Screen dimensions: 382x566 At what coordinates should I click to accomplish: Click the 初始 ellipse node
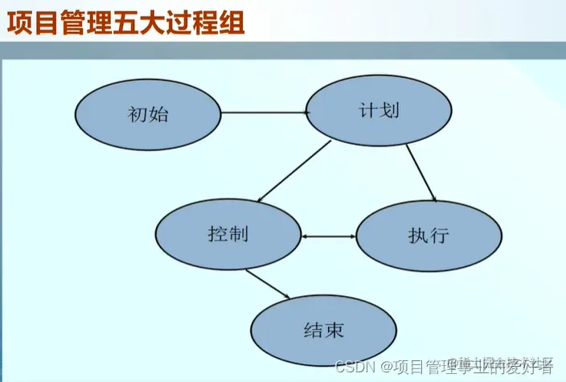click(x=148, y=113)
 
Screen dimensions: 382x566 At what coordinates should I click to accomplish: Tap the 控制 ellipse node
click(x=228, y=235)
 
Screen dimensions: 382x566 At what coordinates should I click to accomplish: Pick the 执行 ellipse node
click(x=429, y=236)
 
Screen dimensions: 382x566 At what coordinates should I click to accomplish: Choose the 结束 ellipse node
click(x=323, y=330)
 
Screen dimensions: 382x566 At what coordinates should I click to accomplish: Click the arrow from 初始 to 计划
click(x=265, y=113)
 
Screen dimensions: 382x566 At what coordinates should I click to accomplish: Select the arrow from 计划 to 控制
click(x=294, y=170)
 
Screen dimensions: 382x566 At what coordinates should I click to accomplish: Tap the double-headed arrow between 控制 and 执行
click(x=329, y=236)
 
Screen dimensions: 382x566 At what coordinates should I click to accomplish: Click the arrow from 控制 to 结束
click(x=269, y=285)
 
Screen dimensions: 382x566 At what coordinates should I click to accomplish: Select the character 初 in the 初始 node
click(x=137, y=113)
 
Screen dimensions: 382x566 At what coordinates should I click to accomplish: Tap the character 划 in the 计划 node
click(x=390, y=111)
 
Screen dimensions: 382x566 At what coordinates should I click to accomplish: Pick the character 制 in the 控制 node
click(x=238, y=235)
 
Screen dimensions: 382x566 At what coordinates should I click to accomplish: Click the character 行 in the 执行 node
click(x=439, y=236)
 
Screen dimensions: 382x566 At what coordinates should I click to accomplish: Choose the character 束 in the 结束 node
click(x=334, y=330)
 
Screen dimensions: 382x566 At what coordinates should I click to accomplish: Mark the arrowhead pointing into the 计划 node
click(x=306, y=113)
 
